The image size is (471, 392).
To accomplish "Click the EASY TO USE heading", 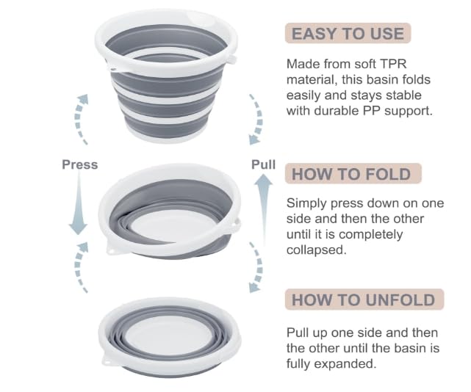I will click(348, 33).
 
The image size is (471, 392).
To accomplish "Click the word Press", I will click(80, 164).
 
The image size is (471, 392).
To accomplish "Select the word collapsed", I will click(315, 250).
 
